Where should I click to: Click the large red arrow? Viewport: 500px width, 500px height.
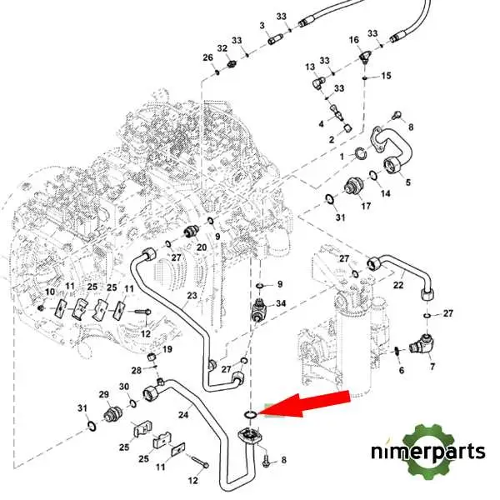(306, 403)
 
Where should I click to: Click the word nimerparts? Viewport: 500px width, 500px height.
(428, 452)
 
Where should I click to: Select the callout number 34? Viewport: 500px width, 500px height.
(281, 303)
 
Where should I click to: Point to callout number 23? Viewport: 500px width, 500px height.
(192, 296)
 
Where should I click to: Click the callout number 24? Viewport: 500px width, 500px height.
(183, 415)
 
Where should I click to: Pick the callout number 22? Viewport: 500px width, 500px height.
(398, 285)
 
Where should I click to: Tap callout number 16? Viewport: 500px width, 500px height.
(354, 40)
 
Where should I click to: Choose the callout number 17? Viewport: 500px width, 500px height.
(366, 206)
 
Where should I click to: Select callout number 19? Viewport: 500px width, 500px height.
(167, 349)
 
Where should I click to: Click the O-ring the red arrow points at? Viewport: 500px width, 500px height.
(250, 415)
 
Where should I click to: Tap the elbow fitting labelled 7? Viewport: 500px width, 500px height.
(420, 344)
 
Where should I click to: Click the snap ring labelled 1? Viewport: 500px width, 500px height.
(361, 154)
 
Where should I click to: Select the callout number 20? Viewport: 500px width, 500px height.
(202, 247)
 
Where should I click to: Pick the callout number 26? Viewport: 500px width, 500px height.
(207, 57)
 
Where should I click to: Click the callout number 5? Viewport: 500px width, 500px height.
(407, 182)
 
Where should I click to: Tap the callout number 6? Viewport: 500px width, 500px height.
(402, 370)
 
